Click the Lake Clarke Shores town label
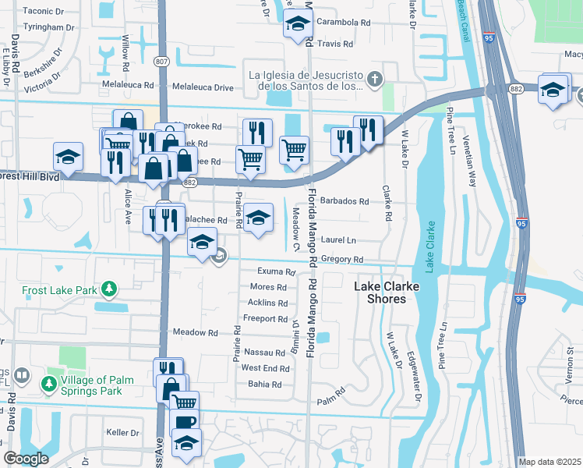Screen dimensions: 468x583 coord(387,292)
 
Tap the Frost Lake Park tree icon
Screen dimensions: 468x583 coord(110,290)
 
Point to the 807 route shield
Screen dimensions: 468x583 coord(161,62)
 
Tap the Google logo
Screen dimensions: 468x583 coord(26,459)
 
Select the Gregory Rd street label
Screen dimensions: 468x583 coord(342,260)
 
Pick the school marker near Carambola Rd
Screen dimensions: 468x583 coord(296,24)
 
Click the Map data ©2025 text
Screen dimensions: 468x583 coord(549,462)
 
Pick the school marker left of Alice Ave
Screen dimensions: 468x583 coord(68,156)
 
